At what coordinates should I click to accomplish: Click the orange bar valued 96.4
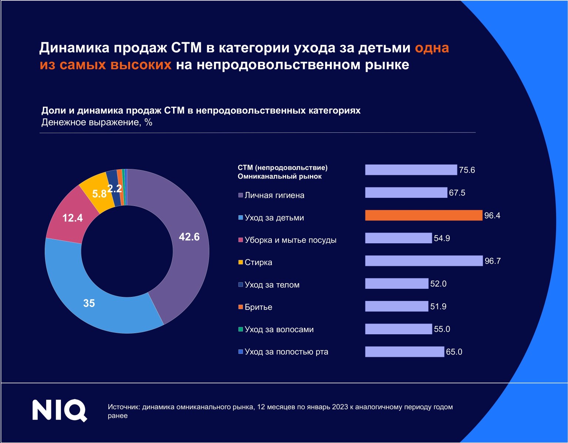[x=424, y=215]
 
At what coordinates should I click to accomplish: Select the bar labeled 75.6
[x=411, y=170]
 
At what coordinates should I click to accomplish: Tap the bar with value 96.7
[x=424, y=261]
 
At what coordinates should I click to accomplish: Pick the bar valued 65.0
[x=405, y=352]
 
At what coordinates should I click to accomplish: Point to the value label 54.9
[x=442, y=238]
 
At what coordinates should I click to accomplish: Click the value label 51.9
[x=438, y=307]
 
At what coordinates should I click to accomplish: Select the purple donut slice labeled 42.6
[x=185, y=244]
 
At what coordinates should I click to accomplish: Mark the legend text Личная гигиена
[x=274, y=195]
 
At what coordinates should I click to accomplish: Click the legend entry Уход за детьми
[x=274, y=218]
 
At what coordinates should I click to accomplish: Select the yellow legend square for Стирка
[x=240, y=262]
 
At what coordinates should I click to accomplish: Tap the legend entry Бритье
[x=258, y=307]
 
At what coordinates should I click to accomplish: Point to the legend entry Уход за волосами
[x=279, y=329]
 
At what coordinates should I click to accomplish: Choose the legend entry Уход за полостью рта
[x=286, y=352]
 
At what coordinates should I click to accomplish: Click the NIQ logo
[x=60, y=410]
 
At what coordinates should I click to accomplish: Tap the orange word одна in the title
[x=432, y=48]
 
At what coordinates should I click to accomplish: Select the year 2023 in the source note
[x=340, y=407]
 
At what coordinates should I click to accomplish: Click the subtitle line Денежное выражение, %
[x=97, y=122]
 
